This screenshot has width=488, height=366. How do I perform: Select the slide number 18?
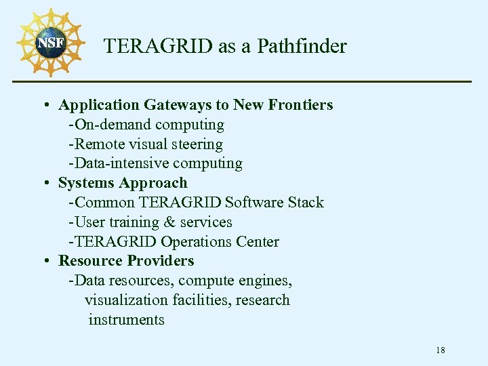[441, 350]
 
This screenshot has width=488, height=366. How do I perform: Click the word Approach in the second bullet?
[155, 183]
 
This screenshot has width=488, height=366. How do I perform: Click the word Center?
[258, 242]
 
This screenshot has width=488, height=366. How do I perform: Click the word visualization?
[125, 300]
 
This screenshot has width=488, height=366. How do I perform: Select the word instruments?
[126, 320]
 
